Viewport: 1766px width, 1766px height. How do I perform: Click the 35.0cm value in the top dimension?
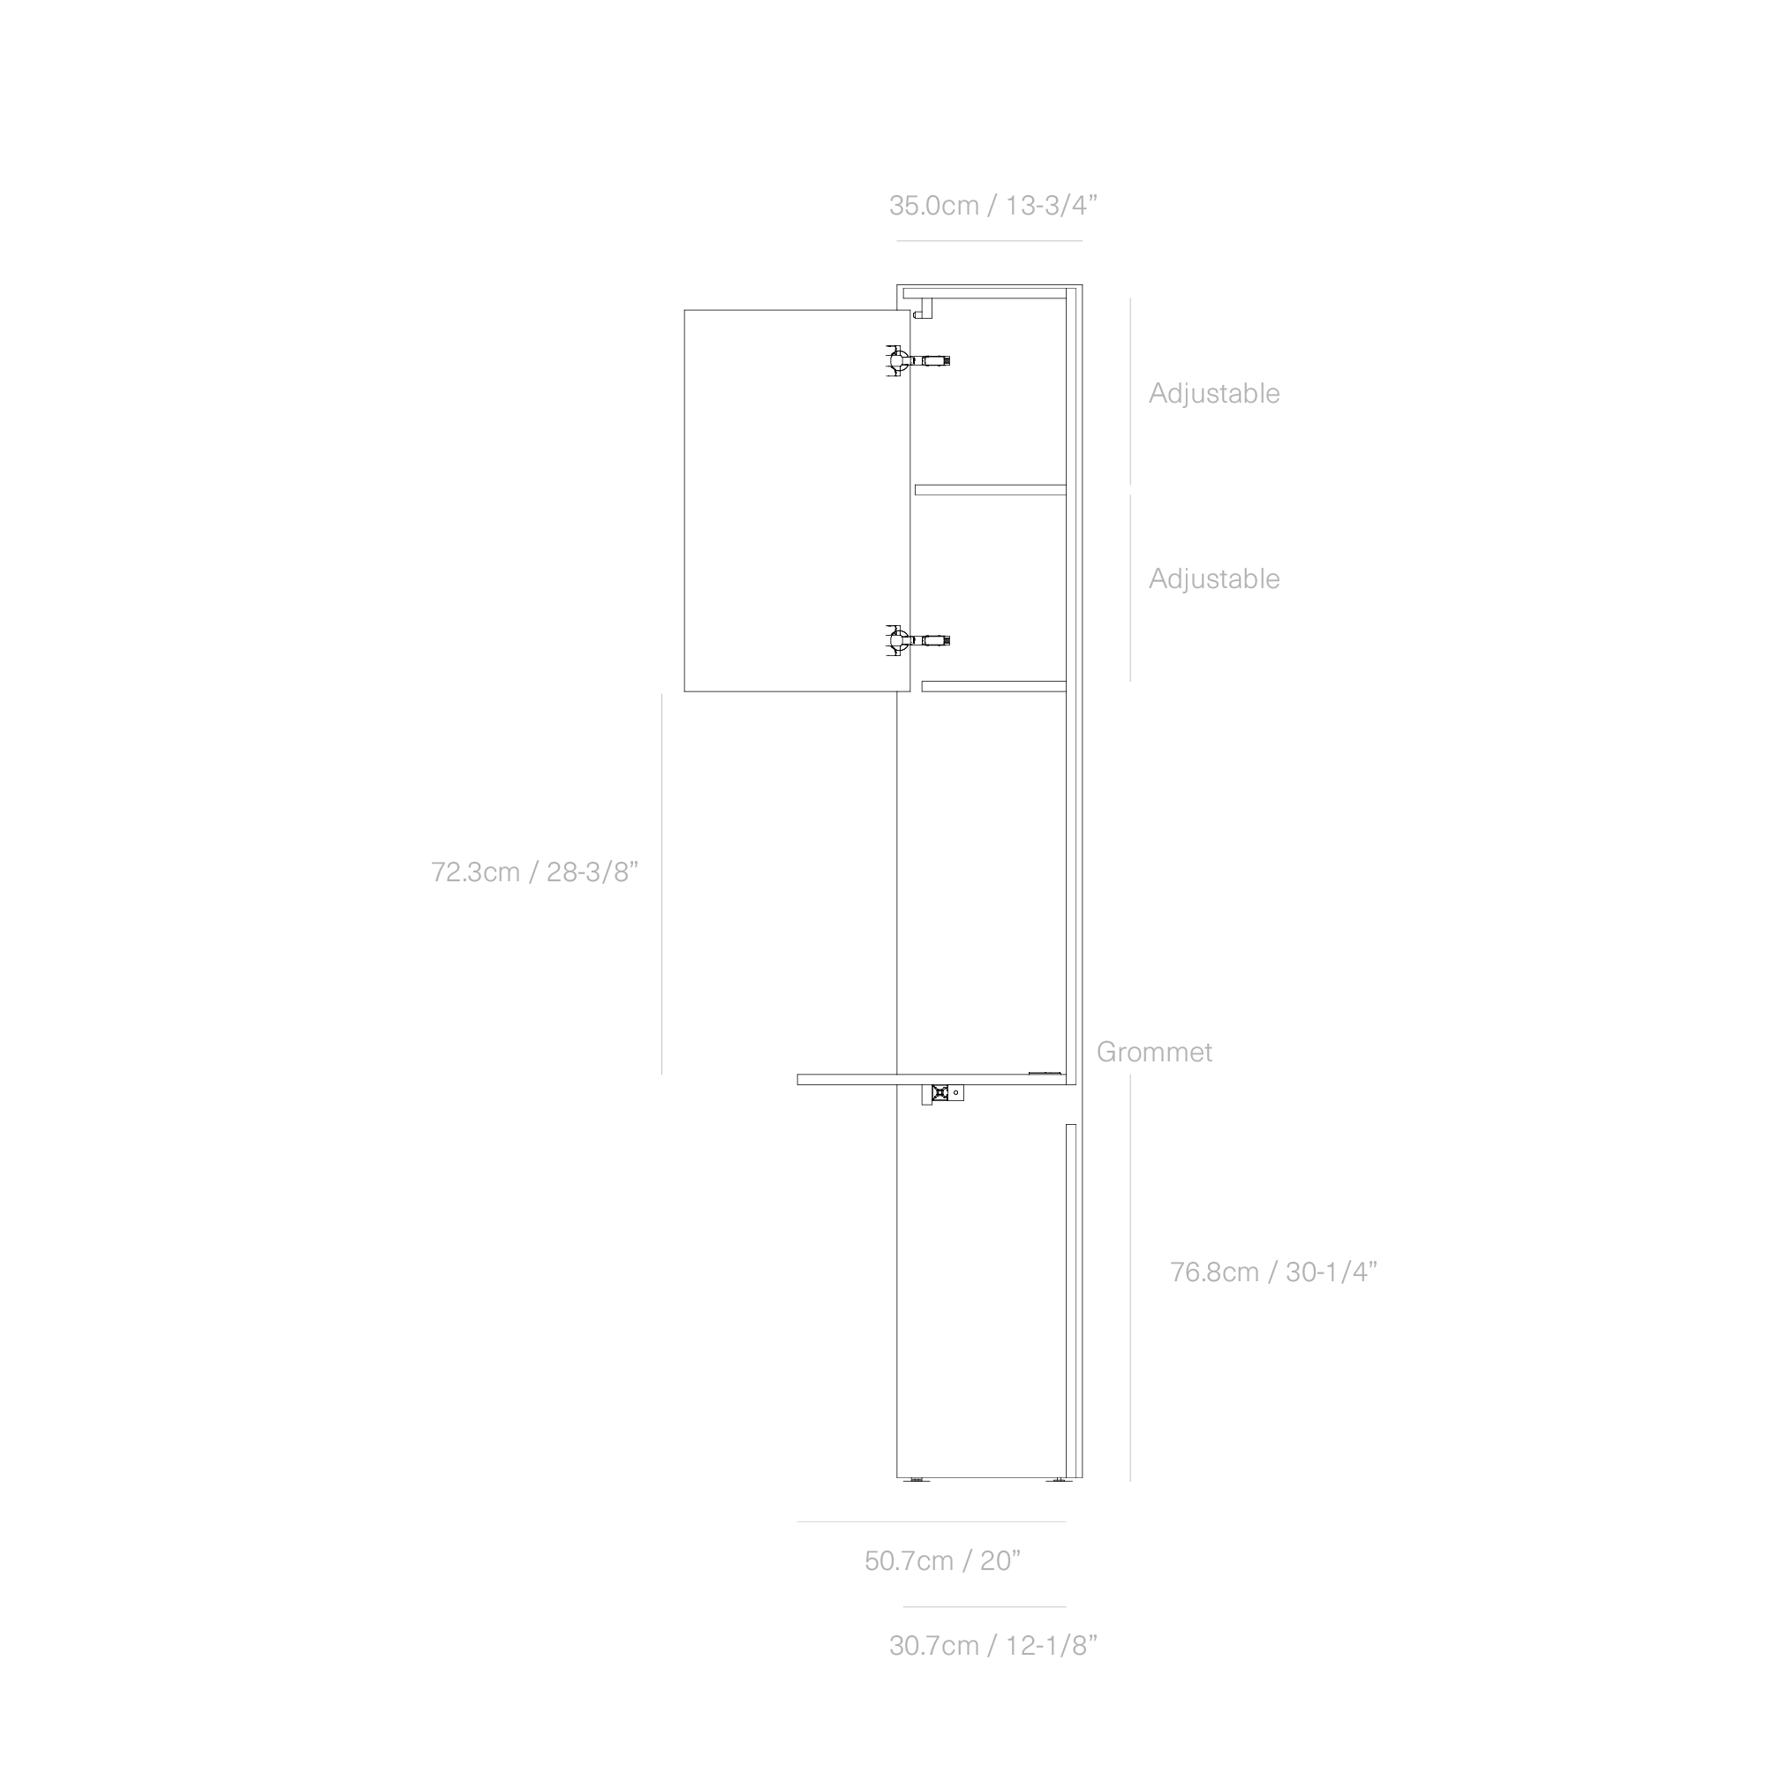click(x=933, y=206)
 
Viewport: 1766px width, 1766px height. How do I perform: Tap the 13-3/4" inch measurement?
click(x=1050, y=206)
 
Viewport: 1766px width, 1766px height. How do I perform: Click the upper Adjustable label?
click(x=1214, y=394)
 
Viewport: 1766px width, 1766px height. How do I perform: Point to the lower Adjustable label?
click(x=1214, y=579)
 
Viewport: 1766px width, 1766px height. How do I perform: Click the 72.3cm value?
click(x=475, y=872)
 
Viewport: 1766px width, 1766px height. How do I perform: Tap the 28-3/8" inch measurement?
click(x=592, y=872)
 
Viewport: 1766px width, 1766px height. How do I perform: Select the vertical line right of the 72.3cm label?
click(x=661, y=884)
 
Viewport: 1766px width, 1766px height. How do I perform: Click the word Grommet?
click(x=1153, y=1053)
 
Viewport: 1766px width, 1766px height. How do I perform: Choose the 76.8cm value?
click(x=1214, y=1272)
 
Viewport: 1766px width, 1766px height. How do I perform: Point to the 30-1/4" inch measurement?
click(x=1331, y=1272)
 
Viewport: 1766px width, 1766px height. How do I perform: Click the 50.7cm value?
click(x=909, y=1561)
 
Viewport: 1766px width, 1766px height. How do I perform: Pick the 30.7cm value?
click(x=933, y=1646)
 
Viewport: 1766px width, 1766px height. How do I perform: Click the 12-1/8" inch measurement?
click(x=1050, y=1646)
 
